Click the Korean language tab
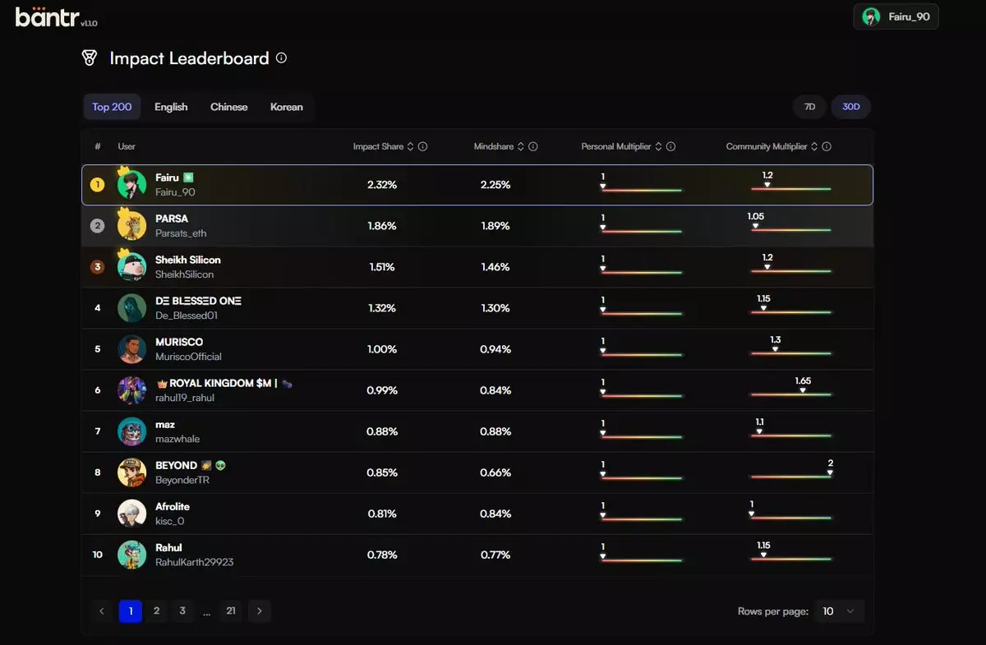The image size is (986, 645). point(286,107)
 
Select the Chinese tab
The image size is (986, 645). point(228,107)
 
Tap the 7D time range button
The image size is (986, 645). point(809,107)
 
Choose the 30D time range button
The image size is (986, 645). point(850,107)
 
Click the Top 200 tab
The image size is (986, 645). point(112,107)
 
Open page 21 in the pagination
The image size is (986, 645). point(231,610)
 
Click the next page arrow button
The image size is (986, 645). point(260,610)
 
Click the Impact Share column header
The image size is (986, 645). point(378,146)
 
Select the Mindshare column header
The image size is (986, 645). point(494,146)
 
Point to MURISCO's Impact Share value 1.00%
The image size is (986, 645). point(381,349)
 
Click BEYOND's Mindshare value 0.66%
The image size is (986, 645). point(495,472)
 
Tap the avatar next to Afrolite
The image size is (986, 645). point(131,514)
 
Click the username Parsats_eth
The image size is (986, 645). point(181,233)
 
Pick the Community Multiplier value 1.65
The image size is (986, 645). point(803,381)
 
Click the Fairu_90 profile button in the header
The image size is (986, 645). point(896,16)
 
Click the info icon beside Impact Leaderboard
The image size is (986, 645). point(281,58)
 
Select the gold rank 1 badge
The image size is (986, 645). point(97,185)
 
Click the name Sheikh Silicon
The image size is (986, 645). point(188,260)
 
